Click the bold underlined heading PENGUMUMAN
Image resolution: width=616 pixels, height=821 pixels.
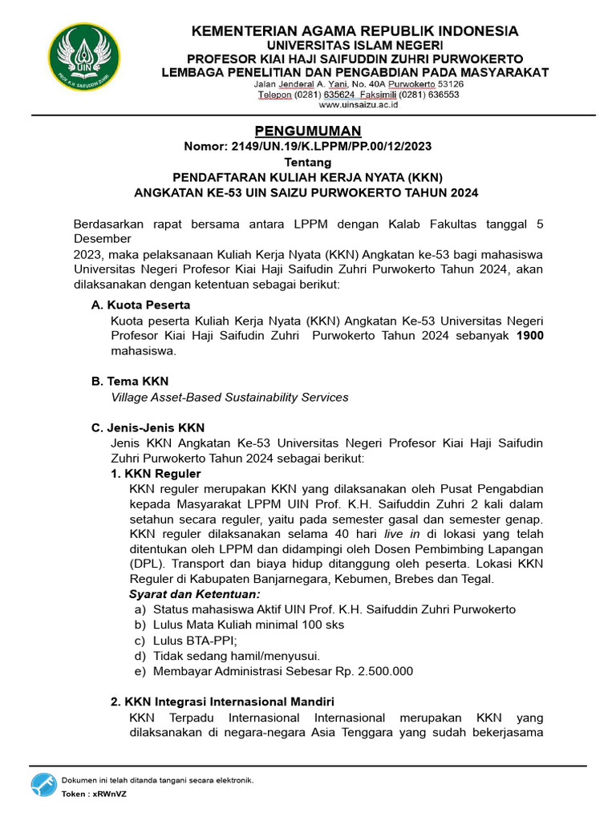(308, 131)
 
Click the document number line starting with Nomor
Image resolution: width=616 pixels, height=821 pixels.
(309, 146)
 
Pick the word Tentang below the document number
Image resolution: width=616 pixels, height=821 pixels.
(309, 162)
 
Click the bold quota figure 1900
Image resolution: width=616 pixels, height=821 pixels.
(529, 335)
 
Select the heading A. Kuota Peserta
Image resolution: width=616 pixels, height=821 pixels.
(141, 305)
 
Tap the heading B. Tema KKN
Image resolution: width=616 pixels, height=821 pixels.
(130, 381)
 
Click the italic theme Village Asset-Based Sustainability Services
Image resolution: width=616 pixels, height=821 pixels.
(229, 397)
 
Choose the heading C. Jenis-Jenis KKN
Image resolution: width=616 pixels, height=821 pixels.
(148, 427)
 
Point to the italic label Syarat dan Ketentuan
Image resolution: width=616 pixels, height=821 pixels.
(195, 594)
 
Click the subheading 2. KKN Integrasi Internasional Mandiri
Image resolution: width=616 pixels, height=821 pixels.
(222, 702)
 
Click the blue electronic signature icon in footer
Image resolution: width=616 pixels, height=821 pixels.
(44, 785)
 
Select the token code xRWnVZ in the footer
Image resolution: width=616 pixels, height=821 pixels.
(109, 794)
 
